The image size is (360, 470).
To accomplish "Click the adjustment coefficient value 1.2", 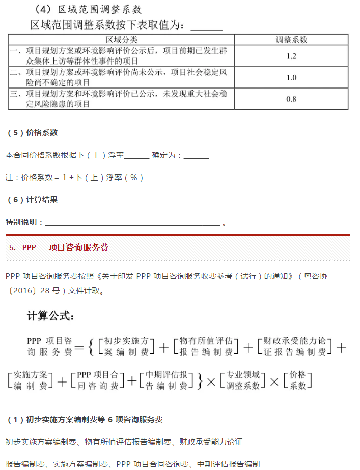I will point(291,56).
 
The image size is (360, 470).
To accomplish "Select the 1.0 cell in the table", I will point(291,78).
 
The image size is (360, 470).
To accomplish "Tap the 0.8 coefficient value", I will point(291,99).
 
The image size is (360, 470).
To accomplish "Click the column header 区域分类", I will point(122,40).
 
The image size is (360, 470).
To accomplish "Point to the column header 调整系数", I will point(291,40).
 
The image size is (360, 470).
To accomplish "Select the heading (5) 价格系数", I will point(33,133).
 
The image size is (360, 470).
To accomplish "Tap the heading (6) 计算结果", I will point(33,200).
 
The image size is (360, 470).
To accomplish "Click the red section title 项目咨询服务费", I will point(78,248).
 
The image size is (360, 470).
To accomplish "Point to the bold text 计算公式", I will point(51,316).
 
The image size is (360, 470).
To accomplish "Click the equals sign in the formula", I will point(79,348).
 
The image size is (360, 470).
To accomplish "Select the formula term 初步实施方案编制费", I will point(126,346).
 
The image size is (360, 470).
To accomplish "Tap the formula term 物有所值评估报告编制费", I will point(206,346).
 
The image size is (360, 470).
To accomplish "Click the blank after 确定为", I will point(196,155).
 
